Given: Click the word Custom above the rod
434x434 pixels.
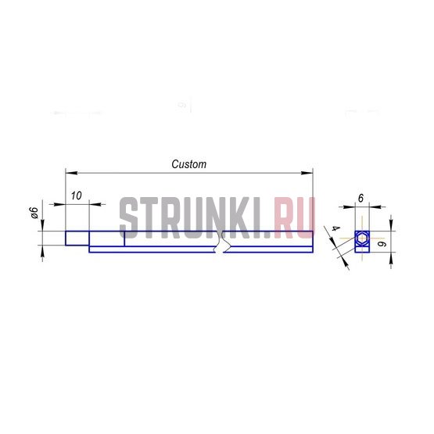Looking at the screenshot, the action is pos(189,164).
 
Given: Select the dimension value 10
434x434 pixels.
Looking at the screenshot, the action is pos(77,195).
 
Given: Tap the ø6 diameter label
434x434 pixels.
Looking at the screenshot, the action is pos(34,213).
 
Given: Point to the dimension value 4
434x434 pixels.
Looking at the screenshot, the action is pos(336,228).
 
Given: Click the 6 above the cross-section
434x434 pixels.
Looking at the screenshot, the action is pos(360,198).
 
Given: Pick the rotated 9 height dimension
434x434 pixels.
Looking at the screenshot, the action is pos(382,244).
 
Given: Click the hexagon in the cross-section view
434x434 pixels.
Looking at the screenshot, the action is pos(362,238).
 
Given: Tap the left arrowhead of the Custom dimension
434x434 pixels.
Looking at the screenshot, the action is pos(71,173).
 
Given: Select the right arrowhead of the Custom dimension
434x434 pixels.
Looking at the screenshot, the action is pos(307,173).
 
